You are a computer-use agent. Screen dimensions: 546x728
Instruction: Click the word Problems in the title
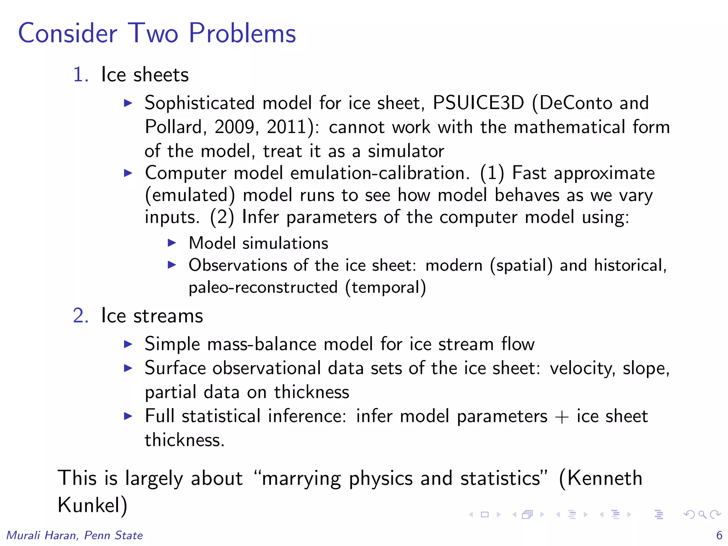click(x=242, y=33)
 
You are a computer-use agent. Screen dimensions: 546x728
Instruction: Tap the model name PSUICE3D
click(x=478, y=103)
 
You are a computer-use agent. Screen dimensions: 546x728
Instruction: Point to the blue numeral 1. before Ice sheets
click(x=80, y=75)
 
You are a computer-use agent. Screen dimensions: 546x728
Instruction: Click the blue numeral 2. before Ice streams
click(x=80, y=316)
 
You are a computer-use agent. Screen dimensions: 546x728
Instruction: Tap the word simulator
click(x=406, y=151)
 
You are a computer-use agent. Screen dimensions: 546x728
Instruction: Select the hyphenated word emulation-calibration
click(x=378, y=173)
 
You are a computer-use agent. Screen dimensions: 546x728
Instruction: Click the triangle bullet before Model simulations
click(x=172, y=243)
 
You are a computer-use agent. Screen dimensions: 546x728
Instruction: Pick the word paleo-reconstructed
click(x=263, y=288)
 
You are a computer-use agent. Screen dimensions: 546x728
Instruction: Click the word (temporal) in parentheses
click(x=386, y=288)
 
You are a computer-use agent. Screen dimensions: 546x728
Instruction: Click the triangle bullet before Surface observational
click(x=128, y=368)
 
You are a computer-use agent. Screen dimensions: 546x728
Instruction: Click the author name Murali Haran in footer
click(x=41, y=535)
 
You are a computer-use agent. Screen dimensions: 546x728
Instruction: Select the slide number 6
click(x=719, y=535)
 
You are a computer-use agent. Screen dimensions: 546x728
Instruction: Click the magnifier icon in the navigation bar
click(x=702, y=514)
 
